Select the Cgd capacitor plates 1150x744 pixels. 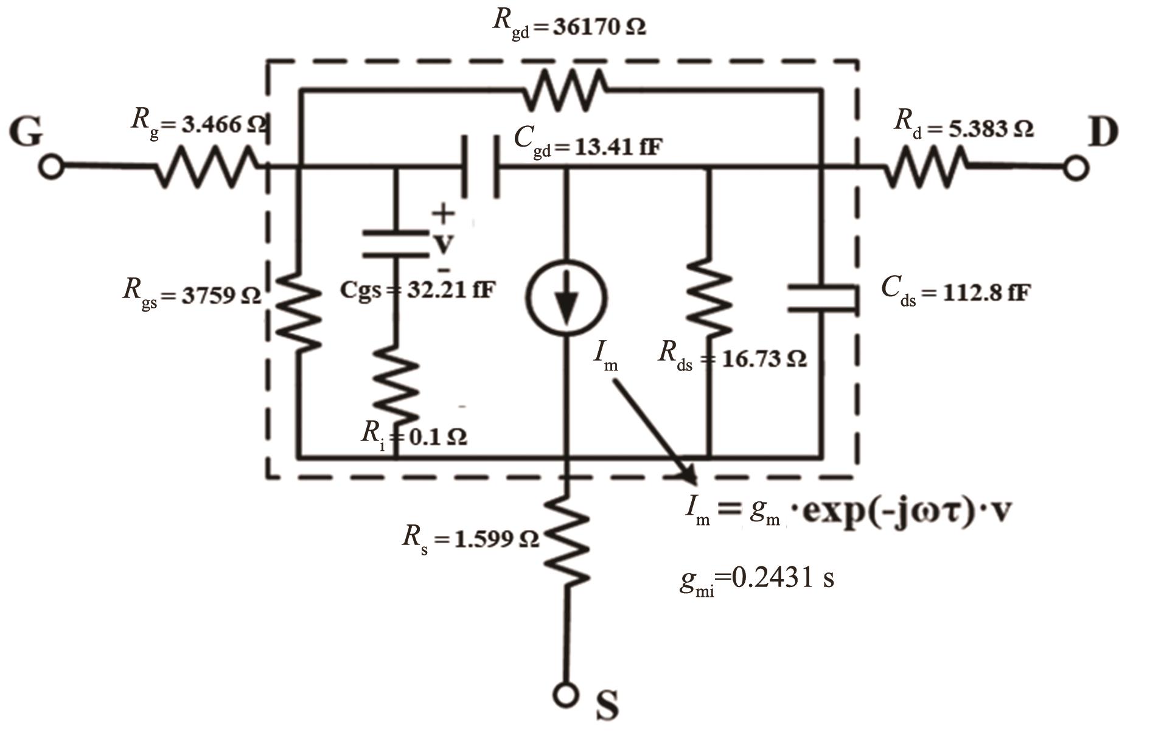click(481, 166)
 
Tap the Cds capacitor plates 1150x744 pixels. click(821, 298)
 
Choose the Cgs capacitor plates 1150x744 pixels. click(396, 243)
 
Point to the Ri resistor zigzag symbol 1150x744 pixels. click(397, 386)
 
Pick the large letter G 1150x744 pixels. click(27, 132)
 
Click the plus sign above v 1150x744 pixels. click(443, 213)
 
